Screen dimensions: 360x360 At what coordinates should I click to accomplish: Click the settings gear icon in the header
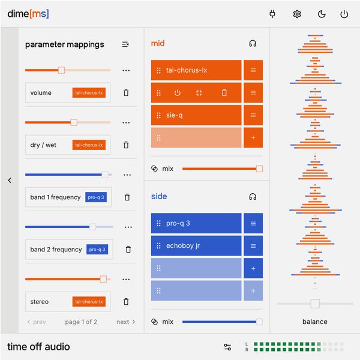(296, 14)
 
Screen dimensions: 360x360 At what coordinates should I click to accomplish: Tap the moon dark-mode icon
(321, 14)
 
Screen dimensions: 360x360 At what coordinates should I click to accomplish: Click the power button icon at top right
(344, 14)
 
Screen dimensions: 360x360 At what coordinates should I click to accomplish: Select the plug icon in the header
(272, 14)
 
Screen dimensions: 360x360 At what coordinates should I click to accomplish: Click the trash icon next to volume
(126, 93)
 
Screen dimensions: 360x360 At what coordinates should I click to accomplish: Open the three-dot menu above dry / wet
(126, 122)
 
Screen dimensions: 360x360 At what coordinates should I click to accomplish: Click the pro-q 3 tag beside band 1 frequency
(95, 197)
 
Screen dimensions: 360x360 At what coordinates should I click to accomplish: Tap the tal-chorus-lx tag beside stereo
(89, 302)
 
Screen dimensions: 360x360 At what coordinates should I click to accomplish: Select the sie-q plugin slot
(196, 115)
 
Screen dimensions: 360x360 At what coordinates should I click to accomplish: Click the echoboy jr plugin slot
(196, 245)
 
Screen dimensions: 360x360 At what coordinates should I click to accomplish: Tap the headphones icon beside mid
(253, 43)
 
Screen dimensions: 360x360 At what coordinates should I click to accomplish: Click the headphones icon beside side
(253, 196)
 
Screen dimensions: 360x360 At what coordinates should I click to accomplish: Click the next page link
(126, 322)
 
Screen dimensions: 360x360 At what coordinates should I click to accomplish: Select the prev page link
(37, 322)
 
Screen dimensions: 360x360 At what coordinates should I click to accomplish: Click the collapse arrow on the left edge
(10, 180)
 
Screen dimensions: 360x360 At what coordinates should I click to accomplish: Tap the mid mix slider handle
(259, 169)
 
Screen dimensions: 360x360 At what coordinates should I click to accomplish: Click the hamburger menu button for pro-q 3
(253, 223)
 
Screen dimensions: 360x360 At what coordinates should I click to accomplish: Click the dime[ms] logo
(28, 14)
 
